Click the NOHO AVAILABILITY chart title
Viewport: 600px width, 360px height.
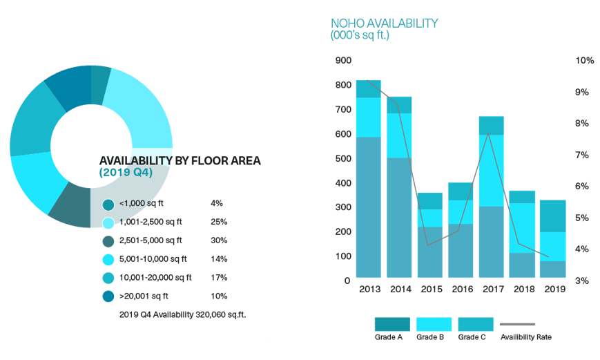(384, 23)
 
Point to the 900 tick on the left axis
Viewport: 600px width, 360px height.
(343, 61)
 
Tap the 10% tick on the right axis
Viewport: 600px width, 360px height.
(584, 61)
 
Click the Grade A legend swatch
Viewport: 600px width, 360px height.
(391, 324)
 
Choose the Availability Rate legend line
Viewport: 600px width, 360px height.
(517, 324)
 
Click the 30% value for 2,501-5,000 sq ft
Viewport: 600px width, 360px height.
(218, 240)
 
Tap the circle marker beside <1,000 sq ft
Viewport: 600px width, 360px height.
(108, 205)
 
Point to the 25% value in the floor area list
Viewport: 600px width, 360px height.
(218, 222)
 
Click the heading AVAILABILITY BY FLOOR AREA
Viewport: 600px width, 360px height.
(180, 160)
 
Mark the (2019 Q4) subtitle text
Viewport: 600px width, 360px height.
(126, 172)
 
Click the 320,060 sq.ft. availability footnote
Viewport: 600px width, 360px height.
(183, 314)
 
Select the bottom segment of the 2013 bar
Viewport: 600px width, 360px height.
(369, 207)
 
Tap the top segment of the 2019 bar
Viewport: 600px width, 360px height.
(552, 216)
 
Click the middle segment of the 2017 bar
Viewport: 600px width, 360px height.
(491, 170)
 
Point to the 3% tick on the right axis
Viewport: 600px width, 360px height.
(583, 281)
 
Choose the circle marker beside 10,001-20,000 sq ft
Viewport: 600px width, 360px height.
(108, 278)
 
